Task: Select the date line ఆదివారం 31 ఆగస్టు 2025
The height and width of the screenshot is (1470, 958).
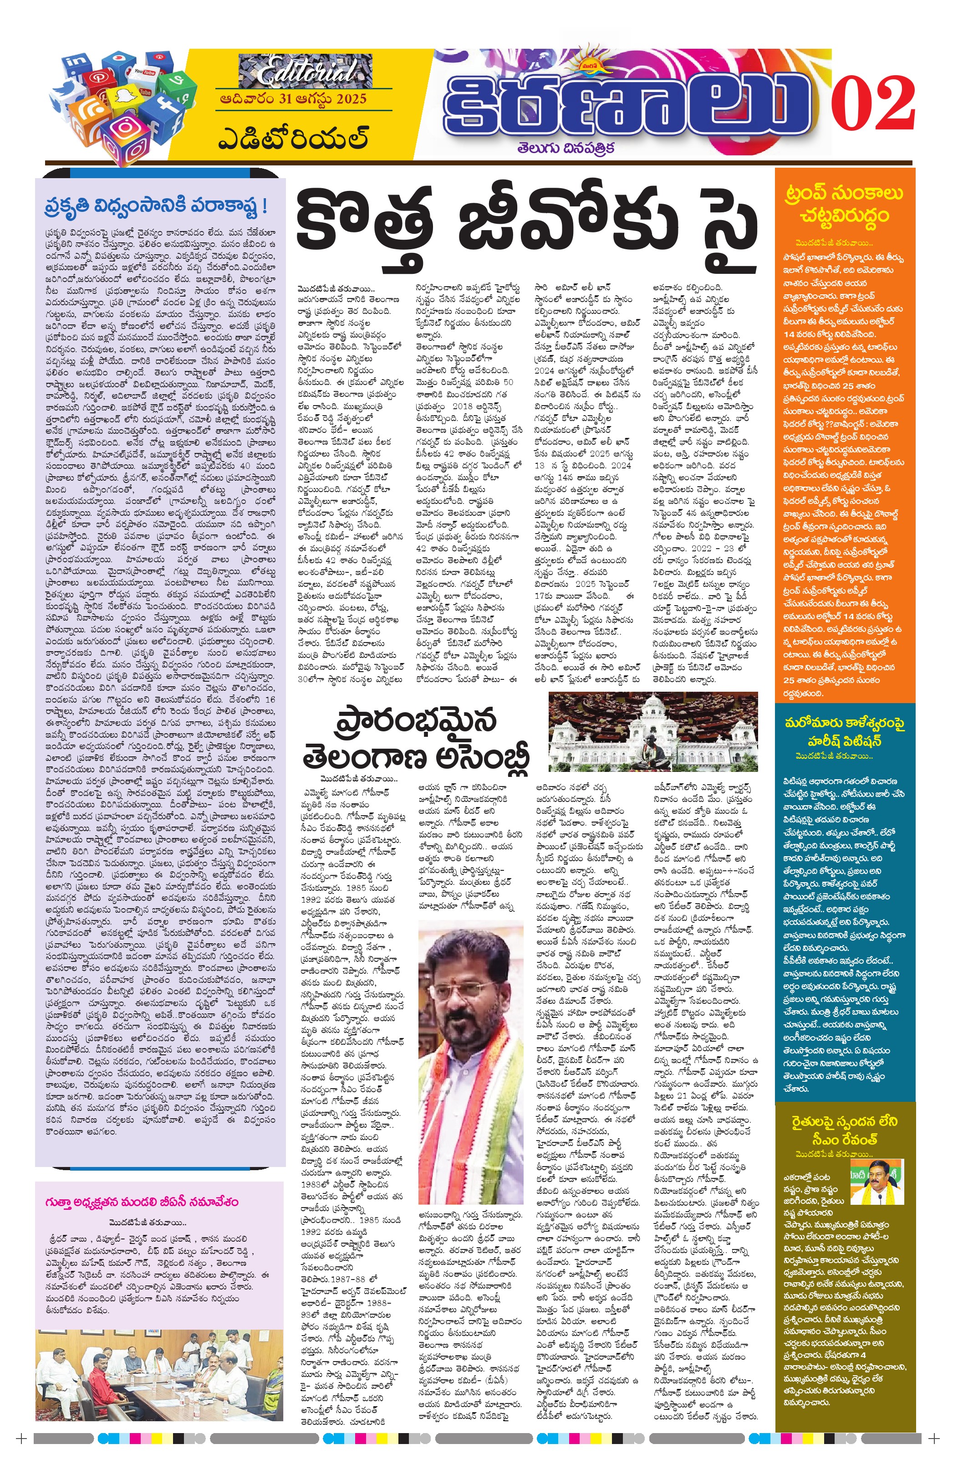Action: (x=291, y=99)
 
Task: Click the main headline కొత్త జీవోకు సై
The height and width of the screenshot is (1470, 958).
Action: (x=526, y=226)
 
